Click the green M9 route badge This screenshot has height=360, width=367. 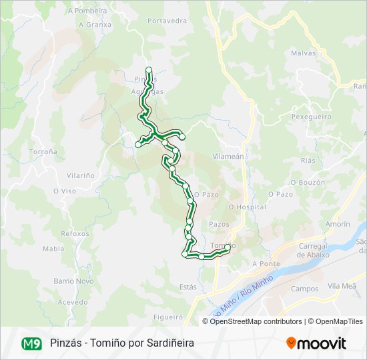(31, 343)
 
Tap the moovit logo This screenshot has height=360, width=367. (316, 343)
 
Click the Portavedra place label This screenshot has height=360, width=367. (167, 21)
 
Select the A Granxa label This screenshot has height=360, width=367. (95, 25)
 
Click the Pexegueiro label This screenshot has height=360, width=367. (311, 117)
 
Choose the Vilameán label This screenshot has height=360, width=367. (228, 155)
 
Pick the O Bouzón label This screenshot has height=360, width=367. (309, 182)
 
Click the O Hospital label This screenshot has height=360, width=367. (247, 207)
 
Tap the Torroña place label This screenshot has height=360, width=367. (43, 152)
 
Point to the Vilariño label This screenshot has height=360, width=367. (81, 175)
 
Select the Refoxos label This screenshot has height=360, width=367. (75, 234)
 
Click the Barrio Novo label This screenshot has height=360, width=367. (73, 281)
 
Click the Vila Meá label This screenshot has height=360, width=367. (342, 285)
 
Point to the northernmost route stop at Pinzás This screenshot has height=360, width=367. (149, 70)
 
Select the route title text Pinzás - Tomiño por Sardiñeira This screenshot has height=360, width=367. (122, 343)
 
